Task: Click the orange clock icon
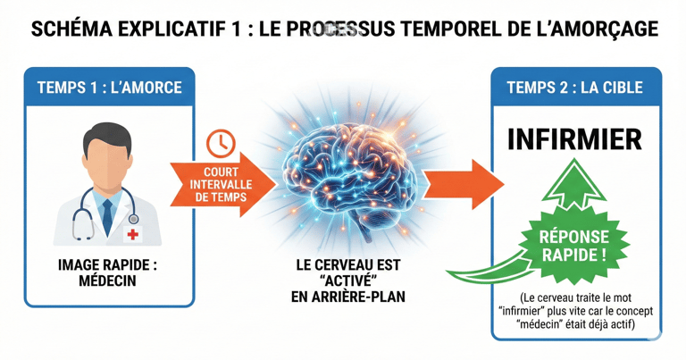pyautogui.click(x=220, y=143)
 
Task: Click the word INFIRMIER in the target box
pyautogui.click(x=574, y=140)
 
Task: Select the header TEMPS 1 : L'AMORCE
pyautogui.click(x=109, y=88)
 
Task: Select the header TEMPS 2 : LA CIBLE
pyautogui.click(x=576, y=88)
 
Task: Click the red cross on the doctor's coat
pyautogui.click(x=133, y=234)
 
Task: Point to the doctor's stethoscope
pyautogui.click(x=84, y=214)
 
